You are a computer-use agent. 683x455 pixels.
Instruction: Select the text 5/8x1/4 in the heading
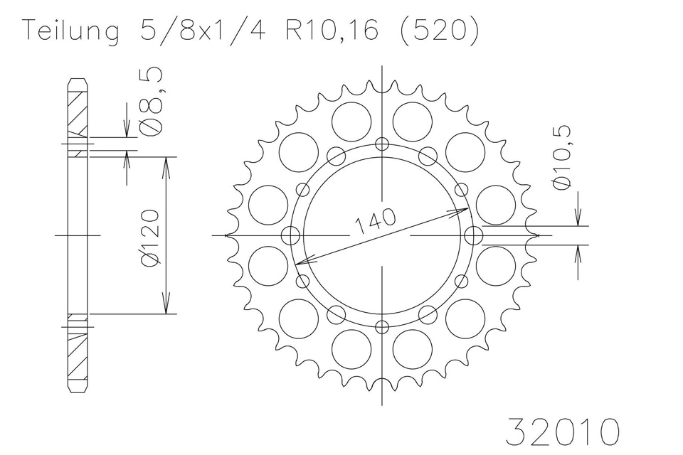pos(203,30)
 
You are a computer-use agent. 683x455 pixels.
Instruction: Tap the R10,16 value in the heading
pos(332,30)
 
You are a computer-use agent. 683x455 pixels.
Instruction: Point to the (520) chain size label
pos(439,31)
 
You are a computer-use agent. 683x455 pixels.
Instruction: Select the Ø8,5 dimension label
pos(152,102)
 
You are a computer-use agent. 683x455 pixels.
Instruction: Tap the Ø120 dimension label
pos(150,237)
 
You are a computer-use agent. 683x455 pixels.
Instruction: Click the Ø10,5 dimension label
pos(561,157)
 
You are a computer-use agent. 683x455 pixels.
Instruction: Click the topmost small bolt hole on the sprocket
pos(382,144)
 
